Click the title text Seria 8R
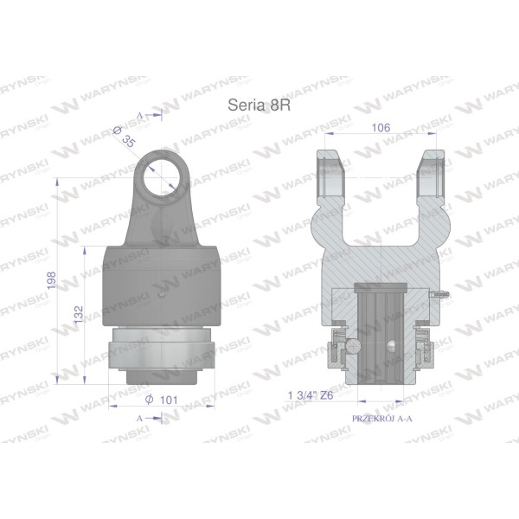[x=259, y=106]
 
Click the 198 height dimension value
[x=52, y=280]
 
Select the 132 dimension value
[x=79, y=315]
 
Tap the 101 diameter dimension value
[x=169, y=400]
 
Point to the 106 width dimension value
[x=381, y=127]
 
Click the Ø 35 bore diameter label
[x=124, y=137]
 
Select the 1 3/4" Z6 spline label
[x=311, y=395]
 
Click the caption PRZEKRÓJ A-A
[x=382, y=419]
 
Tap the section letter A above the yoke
[x=139, y=116]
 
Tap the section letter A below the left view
[x=139, y=419]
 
